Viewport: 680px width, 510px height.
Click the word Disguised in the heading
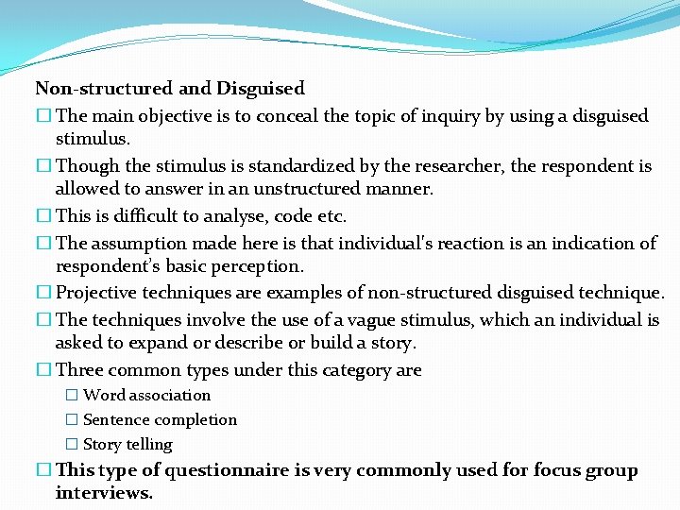point(261,89)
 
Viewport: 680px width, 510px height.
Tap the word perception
point(254,266)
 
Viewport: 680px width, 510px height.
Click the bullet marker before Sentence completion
point(71,420)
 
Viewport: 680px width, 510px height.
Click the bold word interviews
point(104,493)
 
